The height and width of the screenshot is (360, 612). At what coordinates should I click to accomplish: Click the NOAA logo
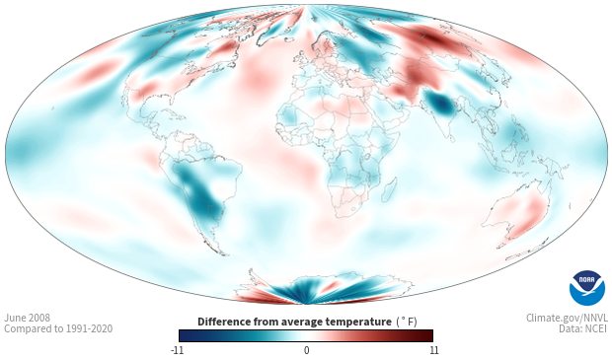click(587, 288)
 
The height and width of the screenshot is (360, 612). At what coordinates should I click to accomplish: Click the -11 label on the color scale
click(177, 350)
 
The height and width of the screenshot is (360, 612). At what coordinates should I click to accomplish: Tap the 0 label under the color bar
click(306, 350)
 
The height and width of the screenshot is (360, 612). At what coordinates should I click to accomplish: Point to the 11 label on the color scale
click(434, 350)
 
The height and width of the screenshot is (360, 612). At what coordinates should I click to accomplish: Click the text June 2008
click(28, 318)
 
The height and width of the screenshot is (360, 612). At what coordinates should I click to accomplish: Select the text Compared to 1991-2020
click(58, 328)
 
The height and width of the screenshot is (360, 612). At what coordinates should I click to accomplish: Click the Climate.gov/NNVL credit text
click(567, 318)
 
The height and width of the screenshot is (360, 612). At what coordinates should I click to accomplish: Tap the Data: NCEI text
click(583, 328)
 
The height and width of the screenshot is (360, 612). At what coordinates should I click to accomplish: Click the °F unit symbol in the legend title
click(407, 322)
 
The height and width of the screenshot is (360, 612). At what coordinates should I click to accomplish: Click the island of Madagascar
click(389, 188)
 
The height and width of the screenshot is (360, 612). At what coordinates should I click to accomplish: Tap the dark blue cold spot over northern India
click(442, 105)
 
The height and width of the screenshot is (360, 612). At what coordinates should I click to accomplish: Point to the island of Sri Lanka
click(451, 138)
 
